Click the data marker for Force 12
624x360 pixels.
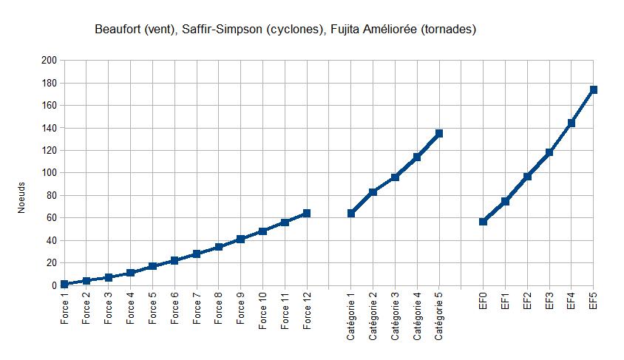pos(306,214)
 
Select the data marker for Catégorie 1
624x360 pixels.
pos(350,214)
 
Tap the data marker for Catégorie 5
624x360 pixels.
pos(439,133)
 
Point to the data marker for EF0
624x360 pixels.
pos(483,222)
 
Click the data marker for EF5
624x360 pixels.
pos(593,90)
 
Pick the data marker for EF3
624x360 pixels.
pos(549,152)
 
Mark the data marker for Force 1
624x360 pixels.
pos(64,284)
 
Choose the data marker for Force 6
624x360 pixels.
pos(174,260)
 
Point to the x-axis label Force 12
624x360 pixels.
pos(307,311)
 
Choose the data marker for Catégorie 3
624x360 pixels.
pos(395,177)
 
